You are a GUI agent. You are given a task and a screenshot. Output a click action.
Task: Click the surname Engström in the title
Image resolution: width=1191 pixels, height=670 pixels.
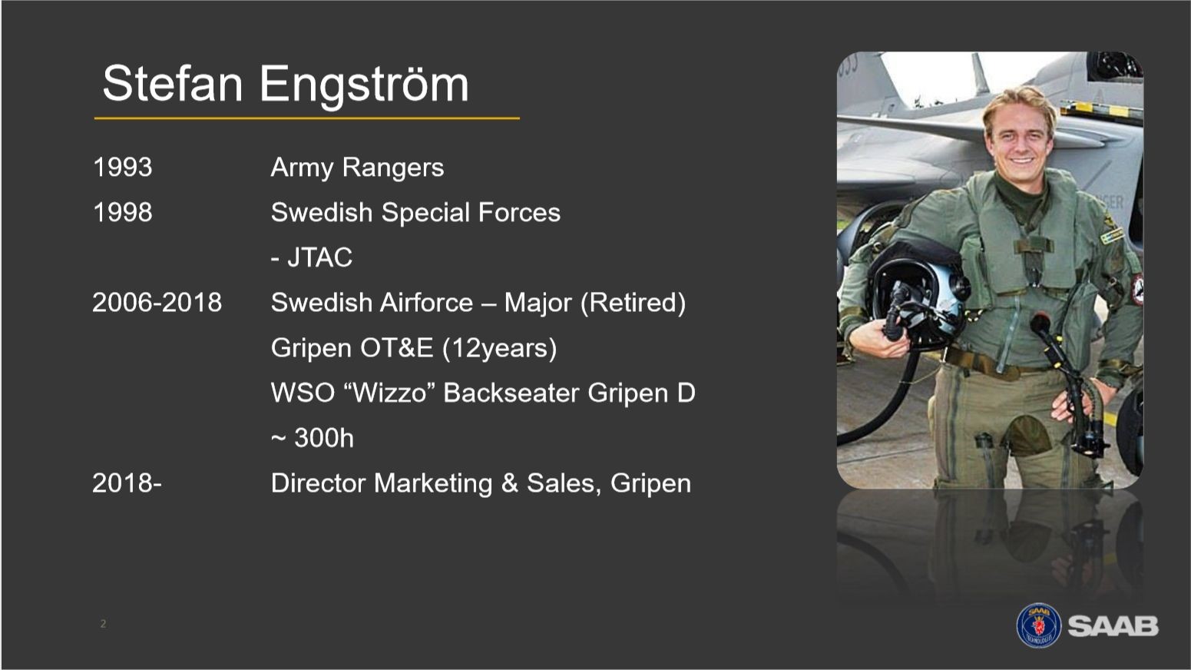pyautogui.click(x=364, y=86)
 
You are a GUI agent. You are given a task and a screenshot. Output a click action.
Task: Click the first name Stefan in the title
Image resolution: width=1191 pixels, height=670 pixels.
pyautogui.click(x=172, y=83)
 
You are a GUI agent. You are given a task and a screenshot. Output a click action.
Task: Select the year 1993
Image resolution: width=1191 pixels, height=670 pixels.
pyautogui.click(x=122, y=167)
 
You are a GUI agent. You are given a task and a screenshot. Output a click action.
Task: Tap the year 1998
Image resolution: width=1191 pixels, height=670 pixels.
pyautogui.click(x=122, y=212)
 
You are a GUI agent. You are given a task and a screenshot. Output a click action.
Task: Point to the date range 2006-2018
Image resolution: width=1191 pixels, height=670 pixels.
pyautogui.click(x=157, y=302)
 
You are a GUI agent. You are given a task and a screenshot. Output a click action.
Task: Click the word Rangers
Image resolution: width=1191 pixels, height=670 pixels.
pyautogui.click(x=393, y=168)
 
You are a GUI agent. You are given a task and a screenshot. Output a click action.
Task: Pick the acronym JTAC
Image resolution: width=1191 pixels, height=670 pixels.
pyautogui.click(x=319, y=257)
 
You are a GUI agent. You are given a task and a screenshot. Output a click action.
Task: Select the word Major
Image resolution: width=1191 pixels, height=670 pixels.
pyautogui.click(x=537, y=302)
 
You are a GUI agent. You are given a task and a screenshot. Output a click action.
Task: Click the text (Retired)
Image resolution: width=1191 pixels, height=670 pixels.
pyautogui.click(x=633, y=303)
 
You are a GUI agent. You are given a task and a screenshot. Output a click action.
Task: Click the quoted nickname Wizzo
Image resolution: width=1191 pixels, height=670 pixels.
pyautogui.click(x=390, y=393)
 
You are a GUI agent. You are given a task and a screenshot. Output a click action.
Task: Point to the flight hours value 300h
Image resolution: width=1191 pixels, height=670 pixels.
pyautogui.click(x=324, y=438)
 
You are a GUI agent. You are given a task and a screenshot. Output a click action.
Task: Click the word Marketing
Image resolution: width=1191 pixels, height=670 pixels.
pyautogui.click(x=433, y=484)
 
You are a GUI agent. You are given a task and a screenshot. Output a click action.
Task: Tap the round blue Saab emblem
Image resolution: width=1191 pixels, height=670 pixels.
pyautogui.click(x=1038, y=625)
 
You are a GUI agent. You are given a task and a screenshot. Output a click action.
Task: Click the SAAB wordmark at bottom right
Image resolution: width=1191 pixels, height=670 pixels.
pyautogui.click(x=1113, y=626)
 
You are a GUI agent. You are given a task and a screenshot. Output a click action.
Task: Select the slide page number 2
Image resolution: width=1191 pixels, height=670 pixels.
pyautogui.click(x=103, y=624)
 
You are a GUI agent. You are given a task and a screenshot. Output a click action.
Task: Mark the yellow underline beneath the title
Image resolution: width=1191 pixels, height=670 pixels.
pyautogui.click(x=307, y=118)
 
